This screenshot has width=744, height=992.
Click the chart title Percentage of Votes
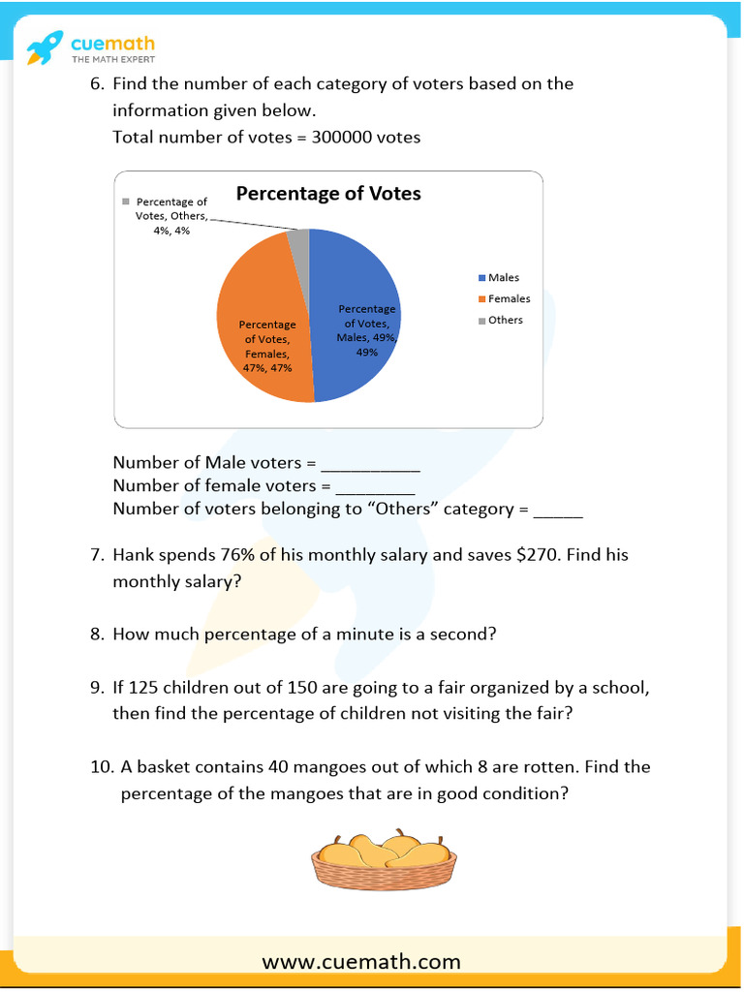(328, 194)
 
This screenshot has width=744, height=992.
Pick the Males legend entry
(503, 278)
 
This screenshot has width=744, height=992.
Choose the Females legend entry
(509, 299)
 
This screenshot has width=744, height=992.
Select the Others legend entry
(505, 321)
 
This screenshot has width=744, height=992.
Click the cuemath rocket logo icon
(43, 46)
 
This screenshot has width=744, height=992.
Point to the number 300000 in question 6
(342, 138)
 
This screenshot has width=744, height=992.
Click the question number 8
(96, 635)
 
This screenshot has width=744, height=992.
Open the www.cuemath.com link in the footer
(361, 962)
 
